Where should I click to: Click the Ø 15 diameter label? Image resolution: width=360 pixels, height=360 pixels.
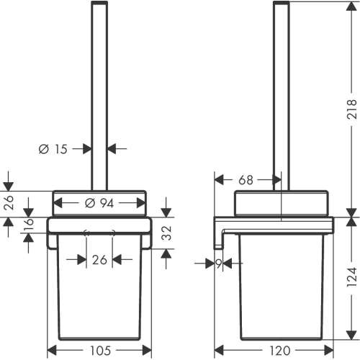[53, 149]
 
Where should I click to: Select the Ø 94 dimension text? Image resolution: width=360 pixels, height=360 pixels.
[99, 204]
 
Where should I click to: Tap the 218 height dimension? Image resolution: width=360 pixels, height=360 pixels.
[351, 109]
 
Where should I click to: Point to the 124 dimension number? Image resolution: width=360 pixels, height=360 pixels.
[351, 276]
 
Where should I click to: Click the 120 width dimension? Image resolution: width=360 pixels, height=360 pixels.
[280, 351]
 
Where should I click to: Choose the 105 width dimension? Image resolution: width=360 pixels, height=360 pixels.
[101, 351]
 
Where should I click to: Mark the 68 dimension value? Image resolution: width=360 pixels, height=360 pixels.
[246, 180]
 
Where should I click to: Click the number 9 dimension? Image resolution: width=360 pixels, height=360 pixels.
[219, 264]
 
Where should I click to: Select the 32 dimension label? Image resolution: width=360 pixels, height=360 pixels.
[166, 233]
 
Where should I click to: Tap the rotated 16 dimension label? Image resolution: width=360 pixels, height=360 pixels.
[28, 222]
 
